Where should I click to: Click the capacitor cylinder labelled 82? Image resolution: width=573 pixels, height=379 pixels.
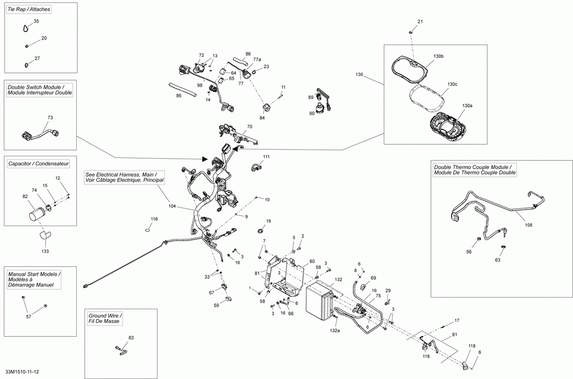(36, 213)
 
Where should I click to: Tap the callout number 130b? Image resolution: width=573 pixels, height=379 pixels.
(438, 56)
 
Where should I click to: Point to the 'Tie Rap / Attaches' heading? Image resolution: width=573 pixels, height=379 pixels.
(29, 9)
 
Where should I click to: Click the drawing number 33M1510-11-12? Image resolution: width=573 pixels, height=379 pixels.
(22, 372)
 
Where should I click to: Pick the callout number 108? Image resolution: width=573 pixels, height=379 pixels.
(528, 225)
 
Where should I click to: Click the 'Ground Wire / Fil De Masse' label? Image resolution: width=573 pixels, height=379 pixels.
(105, 318)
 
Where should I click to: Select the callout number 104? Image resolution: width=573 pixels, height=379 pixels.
(172, 206)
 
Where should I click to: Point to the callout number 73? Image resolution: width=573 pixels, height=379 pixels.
(50, 117)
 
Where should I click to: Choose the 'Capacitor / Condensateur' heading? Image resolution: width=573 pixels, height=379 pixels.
(39, 164)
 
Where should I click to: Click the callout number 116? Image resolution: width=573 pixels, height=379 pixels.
(154, 219)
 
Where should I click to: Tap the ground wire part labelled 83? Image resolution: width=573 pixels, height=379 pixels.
(121, 349)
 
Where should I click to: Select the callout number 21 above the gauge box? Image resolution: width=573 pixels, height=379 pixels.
(420, 22)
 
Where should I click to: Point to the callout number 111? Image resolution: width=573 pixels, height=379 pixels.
(266, 157)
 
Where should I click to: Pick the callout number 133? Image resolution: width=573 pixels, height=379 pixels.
(45, 251)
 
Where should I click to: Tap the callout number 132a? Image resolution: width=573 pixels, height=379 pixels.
(335, 330)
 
